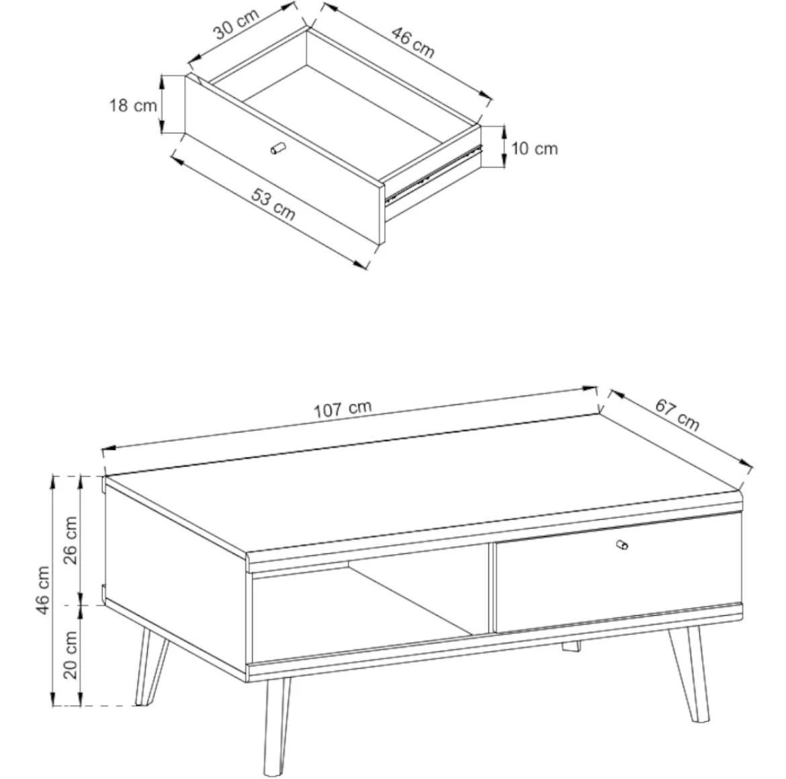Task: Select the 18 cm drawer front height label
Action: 133,105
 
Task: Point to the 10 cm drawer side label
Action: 535,148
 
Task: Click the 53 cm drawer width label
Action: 273,204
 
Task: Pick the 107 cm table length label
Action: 343,409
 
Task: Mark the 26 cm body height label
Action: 69,539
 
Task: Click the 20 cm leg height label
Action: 69,655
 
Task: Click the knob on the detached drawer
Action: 277,148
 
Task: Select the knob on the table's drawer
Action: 622,545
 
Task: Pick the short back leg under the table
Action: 571,647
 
